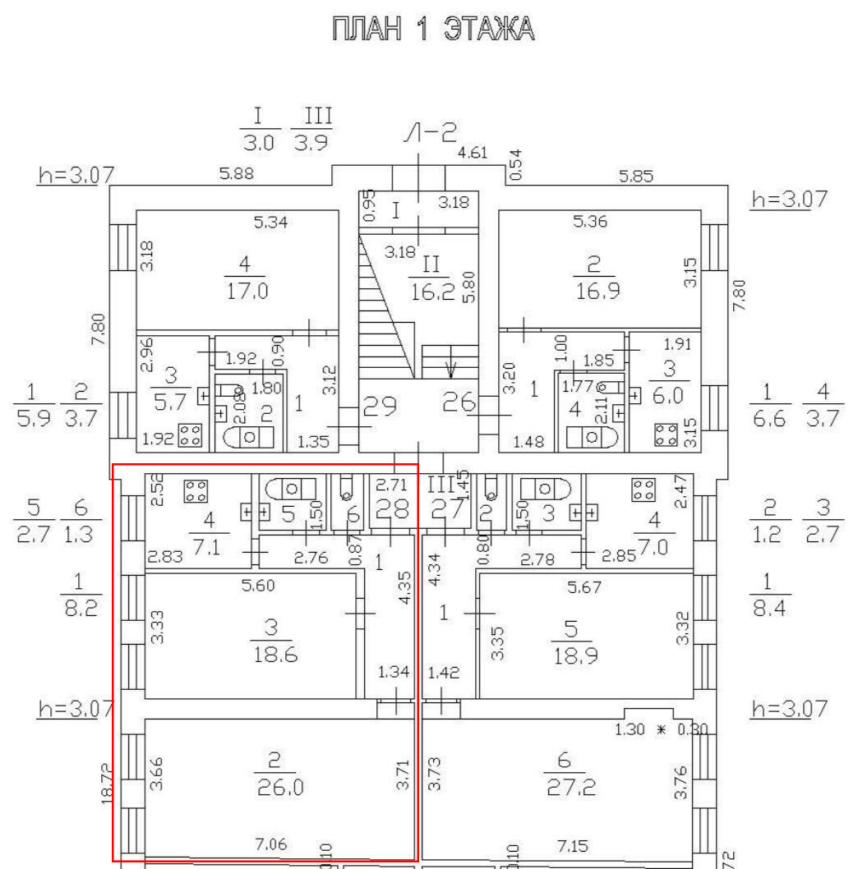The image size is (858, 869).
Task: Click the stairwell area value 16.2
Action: coord(432,292)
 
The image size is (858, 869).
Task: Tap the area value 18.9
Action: coord(574,658)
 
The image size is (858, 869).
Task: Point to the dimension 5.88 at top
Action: coord(236,173)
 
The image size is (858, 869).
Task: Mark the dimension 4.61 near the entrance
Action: coord(473,153)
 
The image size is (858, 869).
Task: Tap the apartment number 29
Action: coord(381,405)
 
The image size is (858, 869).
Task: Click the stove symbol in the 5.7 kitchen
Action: coord(191,434)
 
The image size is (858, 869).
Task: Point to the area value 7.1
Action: coord(206,547)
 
